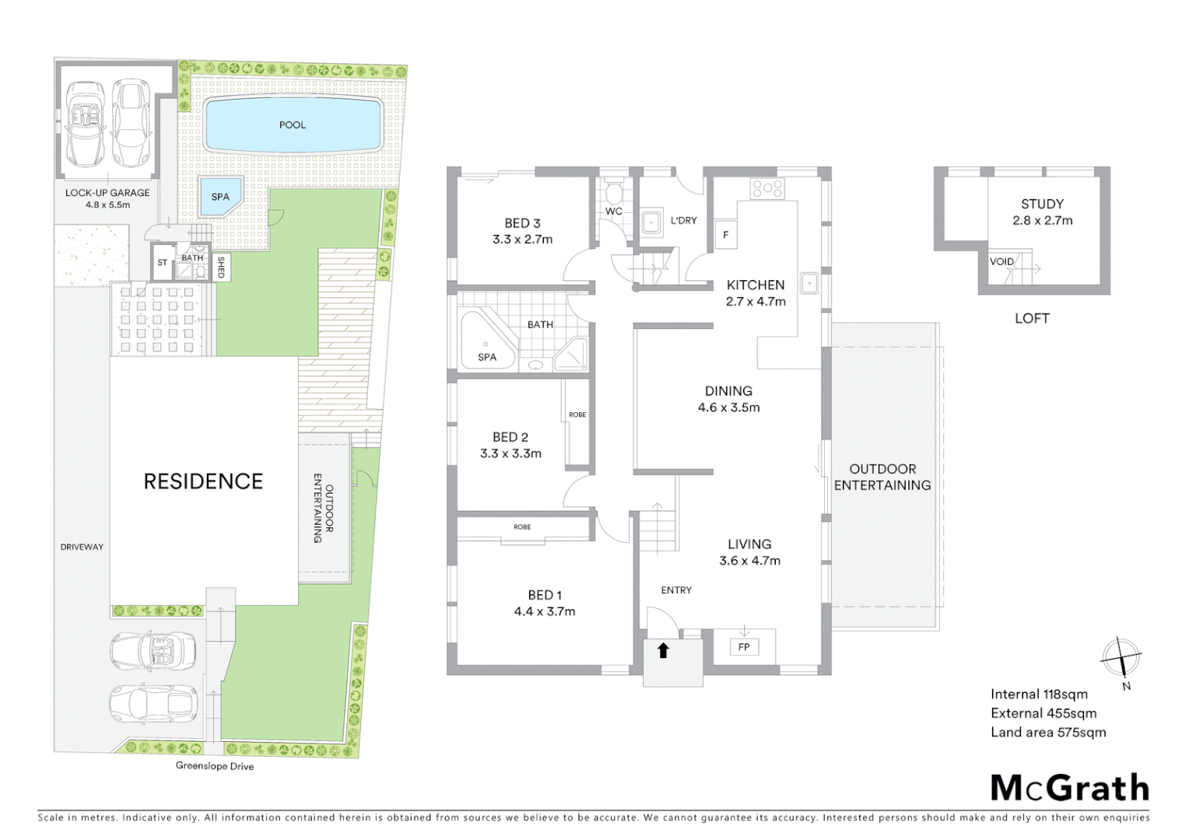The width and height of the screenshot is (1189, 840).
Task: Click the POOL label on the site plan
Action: [293, 124]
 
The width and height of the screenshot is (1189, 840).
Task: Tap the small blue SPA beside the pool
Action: [220, 197]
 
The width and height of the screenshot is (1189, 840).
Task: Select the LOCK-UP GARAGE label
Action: [107, 193]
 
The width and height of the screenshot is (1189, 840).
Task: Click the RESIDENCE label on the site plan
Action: [203, 481]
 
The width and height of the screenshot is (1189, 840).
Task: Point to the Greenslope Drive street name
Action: [215, 766]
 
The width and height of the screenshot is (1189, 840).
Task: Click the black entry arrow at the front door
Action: [663, 651]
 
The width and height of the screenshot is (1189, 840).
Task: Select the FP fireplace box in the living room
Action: [744, 647]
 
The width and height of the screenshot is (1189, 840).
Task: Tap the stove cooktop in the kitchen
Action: [767, 187]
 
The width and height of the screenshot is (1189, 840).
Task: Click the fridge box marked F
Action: [726, 235]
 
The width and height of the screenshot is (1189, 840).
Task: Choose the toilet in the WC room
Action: [614, 191]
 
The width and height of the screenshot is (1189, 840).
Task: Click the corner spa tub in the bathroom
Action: [486, 342]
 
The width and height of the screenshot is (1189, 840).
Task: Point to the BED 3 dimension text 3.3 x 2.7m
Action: [522, 240]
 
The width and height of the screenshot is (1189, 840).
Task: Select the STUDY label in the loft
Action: [1042, 204]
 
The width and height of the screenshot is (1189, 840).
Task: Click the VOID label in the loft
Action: [1001, 261]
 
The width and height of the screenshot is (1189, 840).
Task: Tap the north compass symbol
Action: [1121, 657]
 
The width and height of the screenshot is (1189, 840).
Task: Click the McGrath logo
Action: [1070, 788]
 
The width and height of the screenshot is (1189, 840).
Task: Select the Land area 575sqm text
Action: [1048, 732]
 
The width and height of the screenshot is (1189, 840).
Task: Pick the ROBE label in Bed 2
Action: [577, 415]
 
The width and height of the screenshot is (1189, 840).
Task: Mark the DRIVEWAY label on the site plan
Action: [82, 547]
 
